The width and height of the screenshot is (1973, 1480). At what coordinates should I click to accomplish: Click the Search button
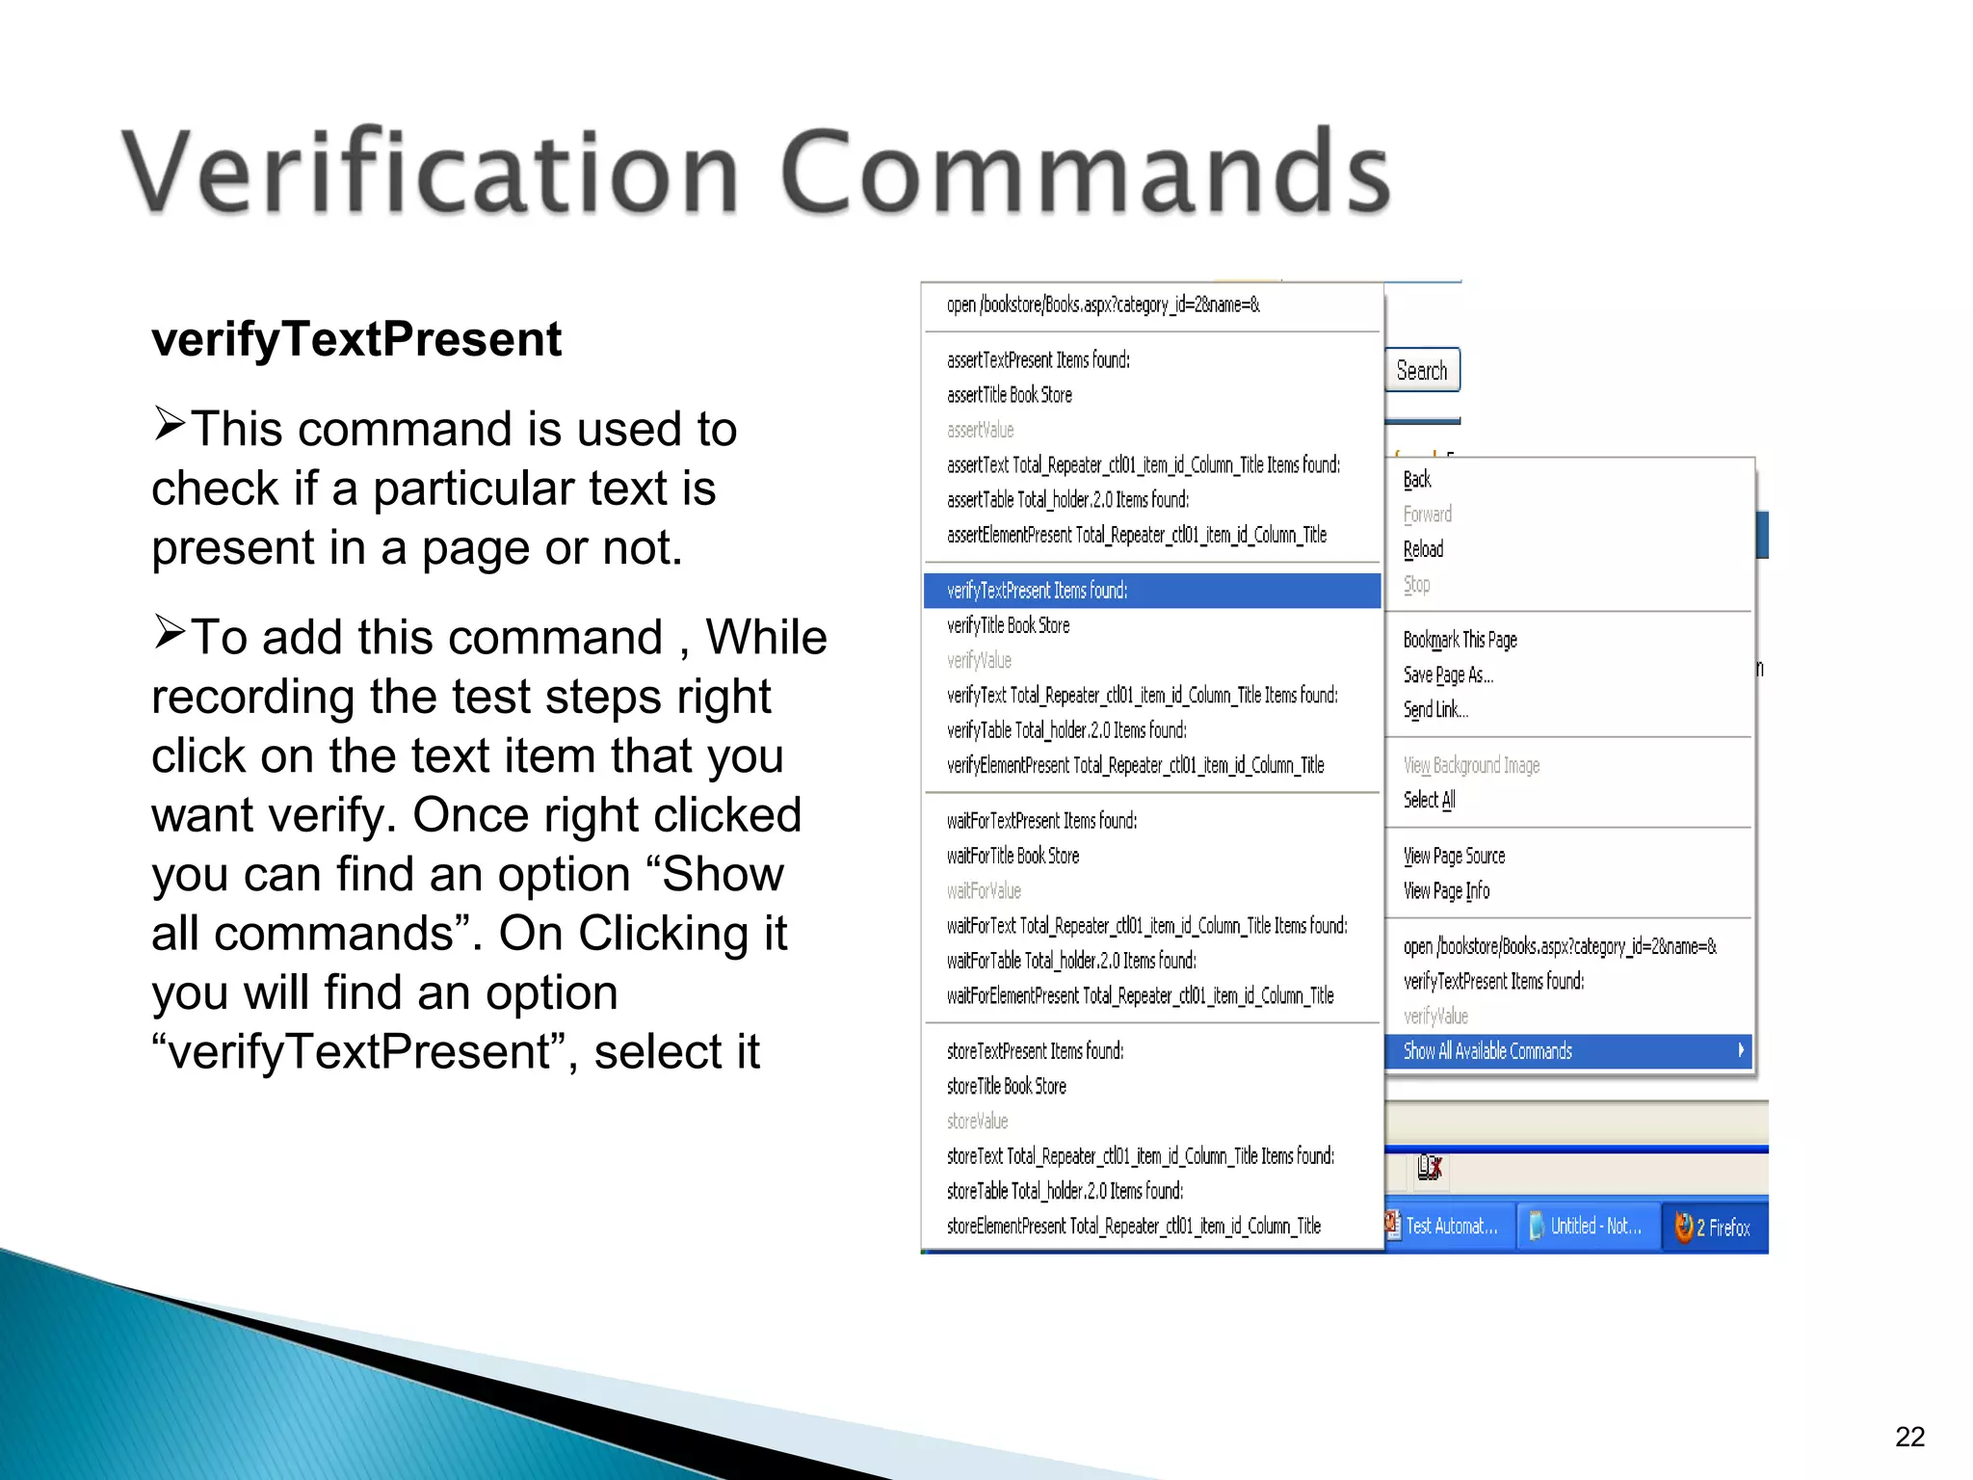click(1422, 371)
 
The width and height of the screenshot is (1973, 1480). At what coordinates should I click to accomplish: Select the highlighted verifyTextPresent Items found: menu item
click(1151, 591)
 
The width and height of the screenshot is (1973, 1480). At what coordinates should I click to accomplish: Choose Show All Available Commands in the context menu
click(1568, 1051)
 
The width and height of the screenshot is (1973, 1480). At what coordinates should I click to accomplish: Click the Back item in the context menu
click(1417, 480)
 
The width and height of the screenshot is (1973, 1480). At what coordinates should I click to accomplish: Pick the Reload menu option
click(1423, 550)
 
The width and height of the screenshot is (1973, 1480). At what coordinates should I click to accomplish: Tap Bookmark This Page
click(1460, 640)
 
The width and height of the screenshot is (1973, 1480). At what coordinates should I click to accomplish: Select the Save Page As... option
click(1448, 675)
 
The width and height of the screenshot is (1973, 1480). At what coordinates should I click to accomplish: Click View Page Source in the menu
click(1454, 856)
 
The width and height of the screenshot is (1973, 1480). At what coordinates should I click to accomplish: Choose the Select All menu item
click(1429, 800)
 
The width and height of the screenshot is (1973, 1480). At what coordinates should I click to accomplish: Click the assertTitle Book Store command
click(1009, 395)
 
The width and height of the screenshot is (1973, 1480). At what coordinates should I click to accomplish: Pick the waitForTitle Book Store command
click(1013, 856)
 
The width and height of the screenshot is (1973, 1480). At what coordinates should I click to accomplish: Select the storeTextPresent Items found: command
click(1035, 1051)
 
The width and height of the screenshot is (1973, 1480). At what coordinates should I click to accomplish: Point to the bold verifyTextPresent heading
click(356, 339)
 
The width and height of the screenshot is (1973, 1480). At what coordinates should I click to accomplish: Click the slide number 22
click(1909, 1437)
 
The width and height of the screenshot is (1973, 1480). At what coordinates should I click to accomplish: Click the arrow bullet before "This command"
click(170, 423)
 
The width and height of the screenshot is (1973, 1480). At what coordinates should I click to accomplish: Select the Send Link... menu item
click(1435, 710)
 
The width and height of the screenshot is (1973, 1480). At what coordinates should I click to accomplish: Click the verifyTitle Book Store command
click(1008, 625)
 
